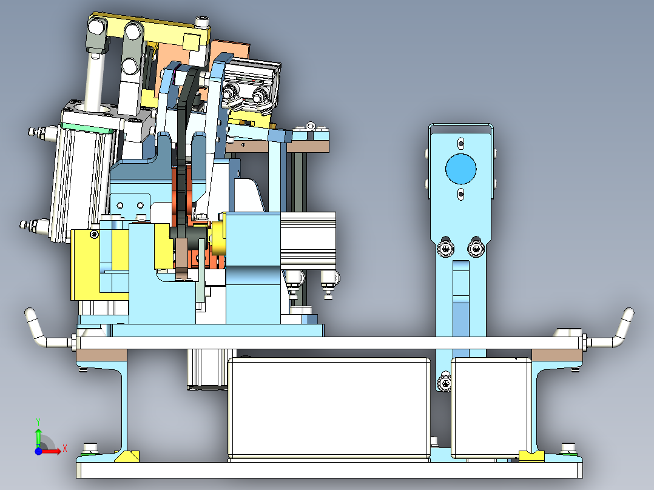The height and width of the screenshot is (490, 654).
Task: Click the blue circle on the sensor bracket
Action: (460, 169)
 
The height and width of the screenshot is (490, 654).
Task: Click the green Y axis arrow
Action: (38, 436)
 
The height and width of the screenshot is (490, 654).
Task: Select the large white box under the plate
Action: (329, 408)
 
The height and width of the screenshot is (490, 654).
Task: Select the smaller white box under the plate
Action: (491, 408)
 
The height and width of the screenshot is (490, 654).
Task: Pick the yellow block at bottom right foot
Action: (531, 456)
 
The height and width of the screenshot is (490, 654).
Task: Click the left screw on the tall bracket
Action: (445, 249)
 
